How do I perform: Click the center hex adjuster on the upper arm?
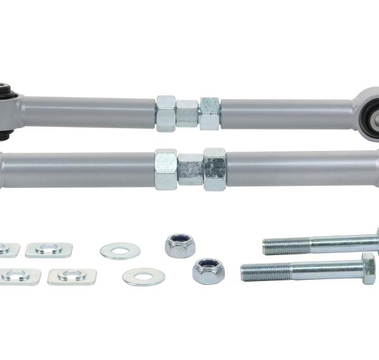187,113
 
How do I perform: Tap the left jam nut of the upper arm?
166,112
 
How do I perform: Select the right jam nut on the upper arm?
209,113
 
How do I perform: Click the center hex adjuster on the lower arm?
191,169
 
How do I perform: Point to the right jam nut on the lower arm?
214,169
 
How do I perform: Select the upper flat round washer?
119,251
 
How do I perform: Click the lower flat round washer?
143,276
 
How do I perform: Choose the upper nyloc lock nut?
180,244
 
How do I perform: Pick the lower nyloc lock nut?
208,270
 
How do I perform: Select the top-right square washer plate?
49,249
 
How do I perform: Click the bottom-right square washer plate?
72,276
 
